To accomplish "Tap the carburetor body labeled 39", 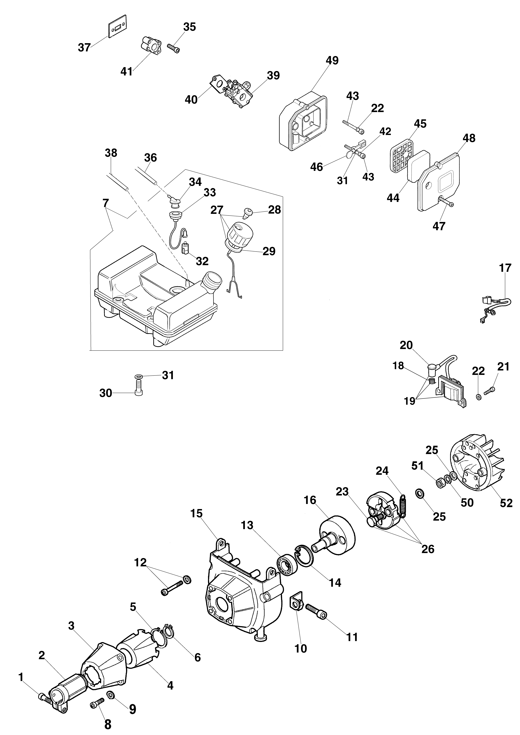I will (x=239, y=94).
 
